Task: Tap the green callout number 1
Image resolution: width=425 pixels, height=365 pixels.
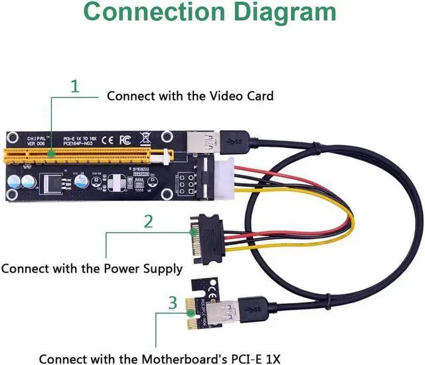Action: (x=75, y=86)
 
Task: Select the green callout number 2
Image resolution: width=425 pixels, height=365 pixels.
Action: (x=149, y=221)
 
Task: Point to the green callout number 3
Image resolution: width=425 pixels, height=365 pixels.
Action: (x=173, y=304)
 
